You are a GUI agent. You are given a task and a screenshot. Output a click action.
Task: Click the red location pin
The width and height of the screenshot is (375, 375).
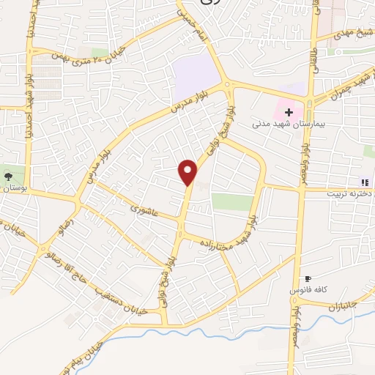click(189, 171)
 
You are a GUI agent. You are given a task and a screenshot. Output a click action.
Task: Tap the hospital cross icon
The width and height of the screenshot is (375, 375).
click(289, 113)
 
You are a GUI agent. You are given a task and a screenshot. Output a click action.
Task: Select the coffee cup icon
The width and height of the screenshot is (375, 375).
click(308, 279)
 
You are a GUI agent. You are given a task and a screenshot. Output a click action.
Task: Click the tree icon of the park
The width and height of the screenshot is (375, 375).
click(8, 177)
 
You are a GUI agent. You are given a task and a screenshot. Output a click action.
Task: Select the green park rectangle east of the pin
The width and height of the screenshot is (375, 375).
click(232, 202)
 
